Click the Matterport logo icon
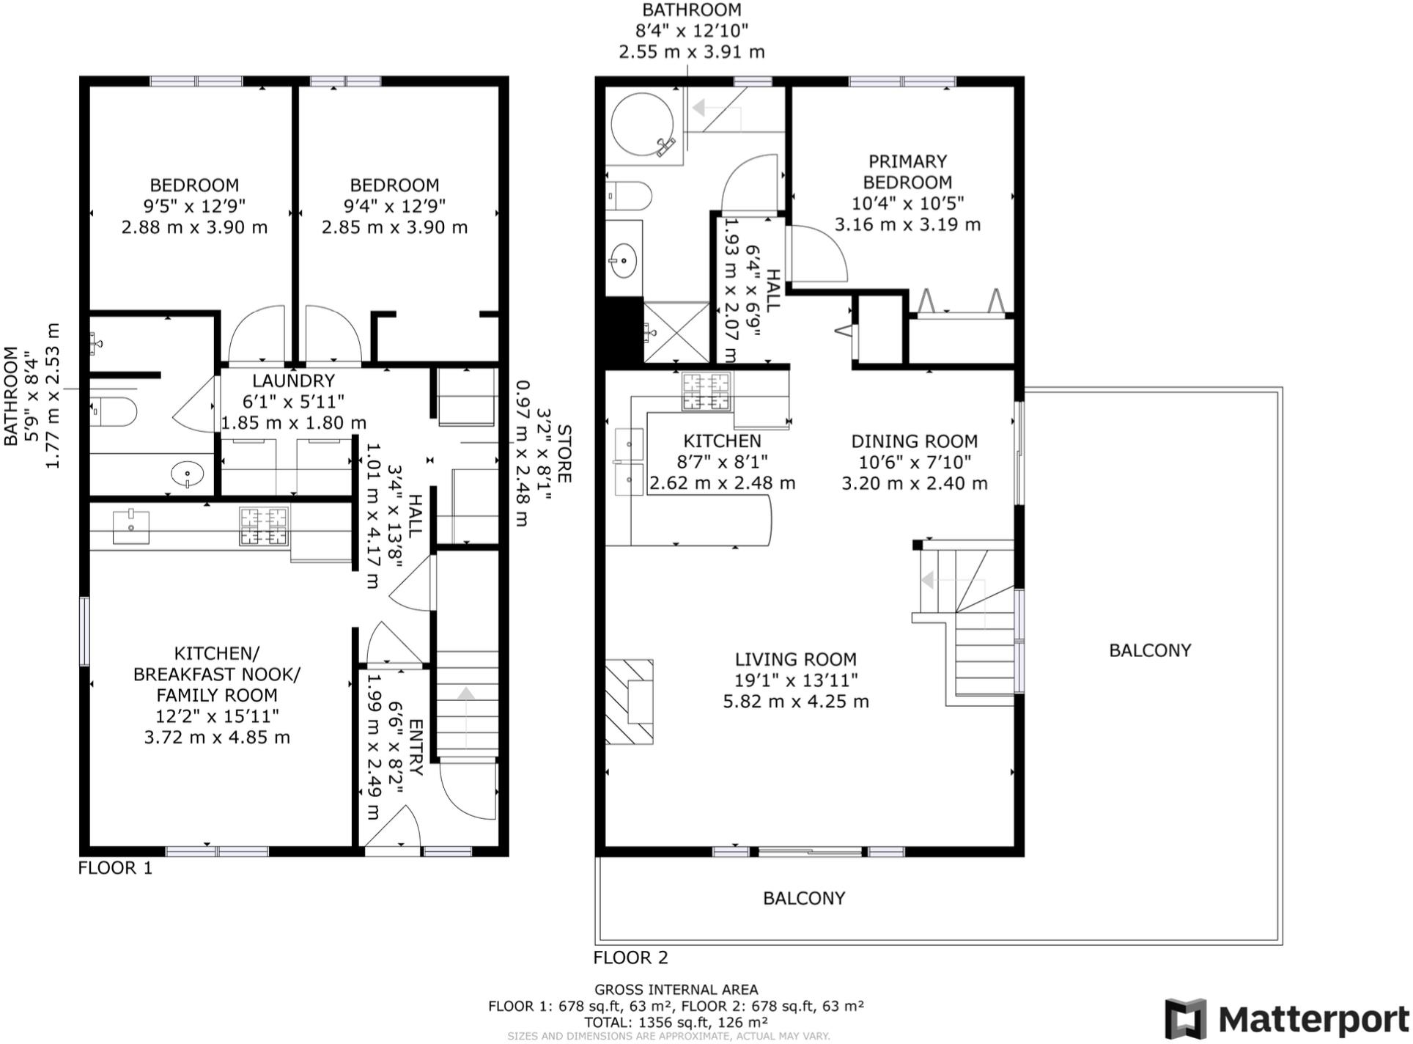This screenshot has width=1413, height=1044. click(x=1186, y=1018)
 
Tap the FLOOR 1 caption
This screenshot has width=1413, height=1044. click(x=115, y=868)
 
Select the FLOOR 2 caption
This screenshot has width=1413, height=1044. click(x=630, y=957)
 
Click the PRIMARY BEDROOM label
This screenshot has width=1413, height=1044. click(x=907, y=172)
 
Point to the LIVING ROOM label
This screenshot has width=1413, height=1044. click(x=796, y=659)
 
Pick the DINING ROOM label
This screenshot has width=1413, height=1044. click(x=914, y=441)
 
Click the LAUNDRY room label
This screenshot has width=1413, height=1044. click(x=293, y=381)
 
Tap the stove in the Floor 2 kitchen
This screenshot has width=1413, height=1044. click(x=706, y=391)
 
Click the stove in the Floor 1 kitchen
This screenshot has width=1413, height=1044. click(x=263, y=526)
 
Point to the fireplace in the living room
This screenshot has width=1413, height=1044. click(x=629, y=702)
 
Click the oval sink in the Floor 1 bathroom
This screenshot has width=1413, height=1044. click(x=188, y=474)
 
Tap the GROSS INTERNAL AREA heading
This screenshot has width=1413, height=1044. click(x=676, y=990)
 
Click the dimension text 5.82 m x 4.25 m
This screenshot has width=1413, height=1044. click(x=796, y=702)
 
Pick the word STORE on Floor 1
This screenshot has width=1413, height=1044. click(x=564, y=453)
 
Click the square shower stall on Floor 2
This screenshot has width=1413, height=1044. click(x=676, y=332)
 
